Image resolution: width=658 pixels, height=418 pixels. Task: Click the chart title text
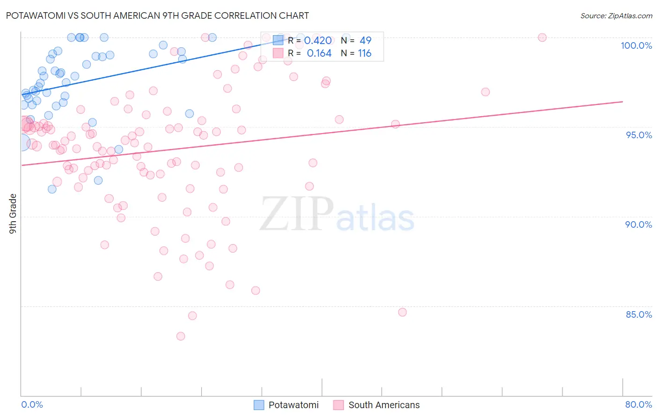[157, 15]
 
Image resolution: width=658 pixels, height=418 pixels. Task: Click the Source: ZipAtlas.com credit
[616, 15]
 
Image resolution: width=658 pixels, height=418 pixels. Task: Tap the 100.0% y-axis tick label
[636, 45]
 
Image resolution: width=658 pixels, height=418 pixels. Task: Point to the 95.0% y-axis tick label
[638, 135]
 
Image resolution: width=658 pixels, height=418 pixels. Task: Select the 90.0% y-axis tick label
[638, 224]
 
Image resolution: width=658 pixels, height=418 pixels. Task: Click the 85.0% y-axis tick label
[638, 314]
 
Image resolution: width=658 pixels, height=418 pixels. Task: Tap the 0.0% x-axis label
[32, 404]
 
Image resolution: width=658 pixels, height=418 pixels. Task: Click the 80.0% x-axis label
[638, 404]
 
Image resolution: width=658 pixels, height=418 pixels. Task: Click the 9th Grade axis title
[13, 214]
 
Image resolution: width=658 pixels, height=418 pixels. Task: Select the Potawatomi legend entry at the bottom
[286, 405]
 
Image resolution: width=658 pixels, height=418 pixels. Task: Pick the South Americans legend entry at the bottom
[377, 405]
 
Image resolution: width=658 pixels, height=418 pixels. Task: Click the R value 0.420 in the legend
[318, 41]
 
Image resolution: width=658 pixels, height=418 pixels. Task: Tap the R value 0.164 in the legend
[319, 53]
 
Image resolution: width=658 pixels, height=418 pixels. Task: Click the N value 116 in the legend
[365, 53]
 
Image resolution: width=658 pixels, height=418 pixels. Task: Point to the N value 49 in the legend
[365, 41]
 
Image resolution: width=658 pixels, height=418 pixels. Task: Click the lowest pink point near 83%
[181, 336]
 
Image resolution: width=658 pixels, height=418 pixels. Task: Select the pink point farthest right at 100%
[542, 37]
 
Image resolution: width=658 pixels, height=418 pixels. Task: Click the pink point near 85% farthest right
[402, 312]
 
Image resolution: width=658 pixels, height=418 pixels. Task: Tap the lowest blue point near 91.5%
[52, 189]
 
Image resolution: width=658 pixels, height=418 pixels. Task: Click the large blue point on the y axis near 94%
[22, 142]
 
